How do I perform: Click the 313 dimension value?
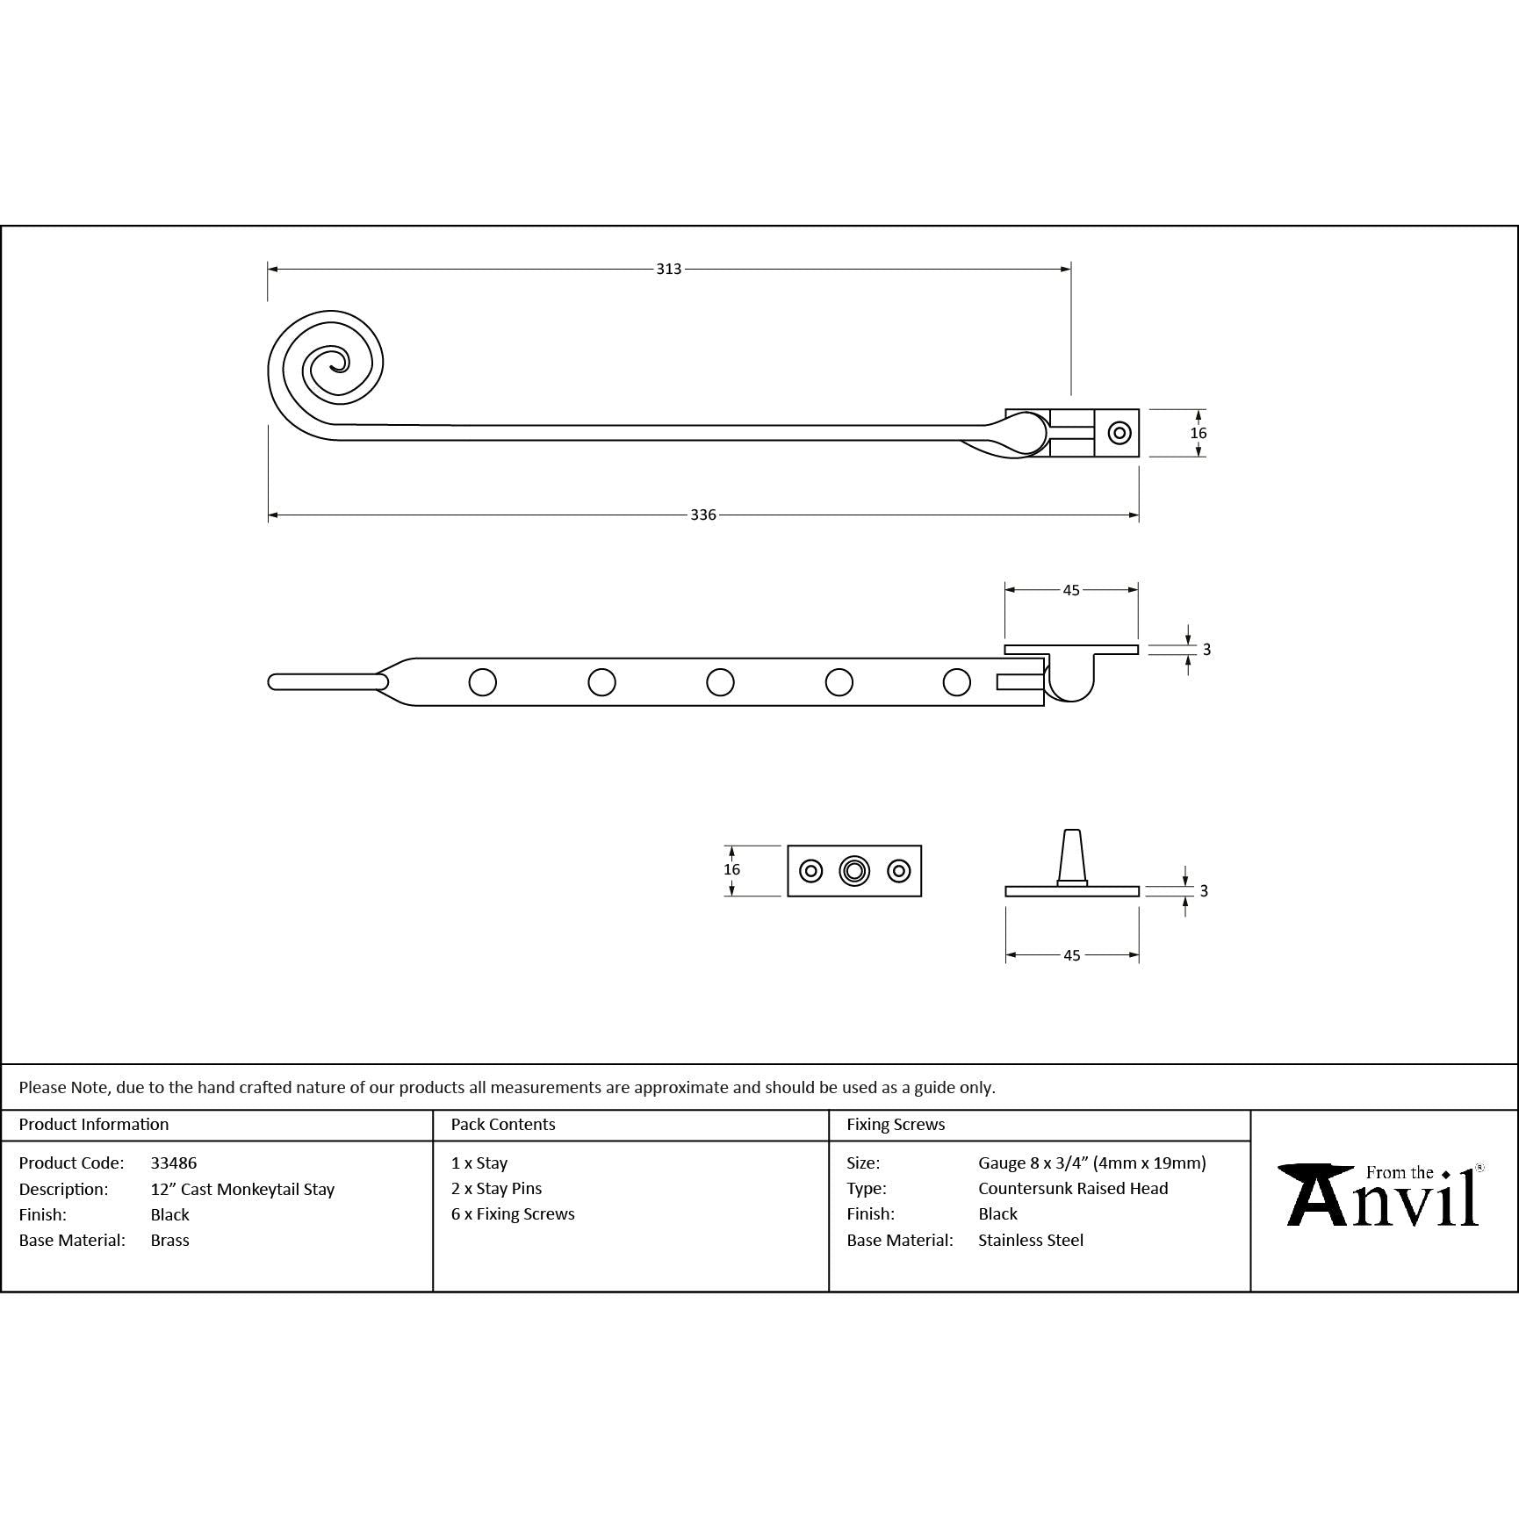point(669,269)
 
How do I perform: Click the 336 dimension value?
point(703,515)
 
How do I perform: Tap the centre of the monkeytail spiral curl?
point(333,363)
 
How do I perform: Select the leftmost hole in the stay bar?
point(483,682)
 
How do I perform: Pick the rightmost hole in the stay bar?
point(957,682)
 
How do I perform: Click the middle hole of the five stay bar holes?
point(720,682)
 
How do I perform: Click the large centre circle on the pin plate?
point(854,871)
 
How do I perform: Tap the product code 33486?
point(174,1163)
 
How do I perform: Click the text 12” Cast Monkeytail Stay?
point(242,1190)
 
